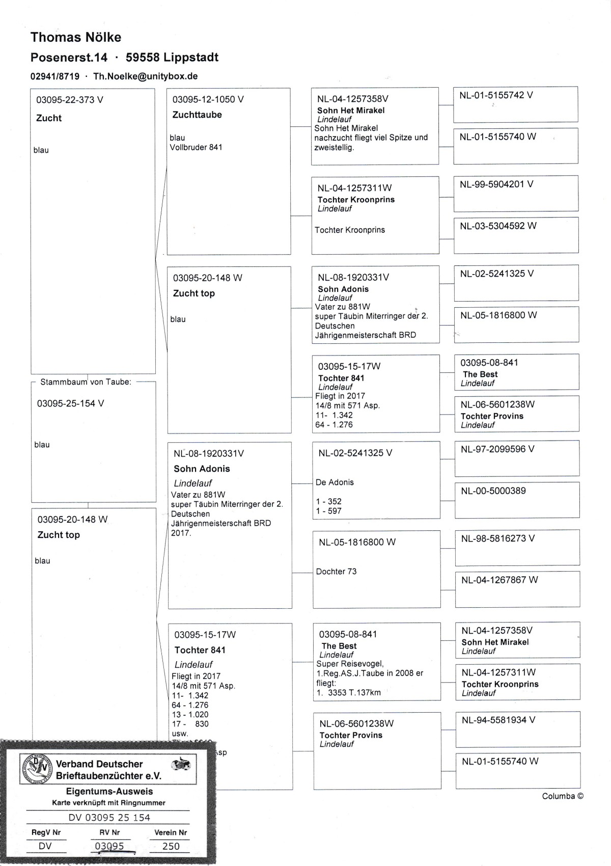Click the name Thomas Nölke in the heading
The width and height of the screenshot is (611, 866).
pos(76,37)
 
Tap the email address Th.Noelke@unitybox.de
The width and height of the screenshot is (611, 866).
pos(145,76)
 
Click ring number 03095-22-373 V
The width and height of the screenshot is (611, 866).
pos(69,100)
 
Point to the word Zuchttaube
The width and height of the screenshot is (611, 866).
pos(197,115)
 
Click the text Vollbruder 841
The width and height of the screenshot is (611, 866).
pos(196,147)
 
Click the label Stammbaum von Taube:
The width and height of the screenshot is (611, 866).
pos(86,382)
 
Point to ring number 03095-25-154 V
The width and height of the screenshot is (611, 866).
pos(70,403)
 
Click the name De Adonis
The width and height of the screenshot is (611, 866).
pos(335,482)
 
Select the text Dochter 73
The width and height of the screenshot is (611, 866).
pos(336,572)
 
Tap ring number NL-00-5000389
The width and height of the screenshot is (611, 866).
pos(493,491)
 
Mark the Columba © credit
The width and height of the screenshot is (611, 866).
pos(562,796)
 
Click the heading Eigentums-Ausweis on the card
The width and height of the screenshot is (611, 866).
pos(109,792)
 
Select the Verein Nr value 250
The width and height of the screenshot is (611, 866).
pos(171,846)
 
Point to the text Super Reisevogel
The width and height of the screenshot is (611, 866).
pos(350,664)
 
